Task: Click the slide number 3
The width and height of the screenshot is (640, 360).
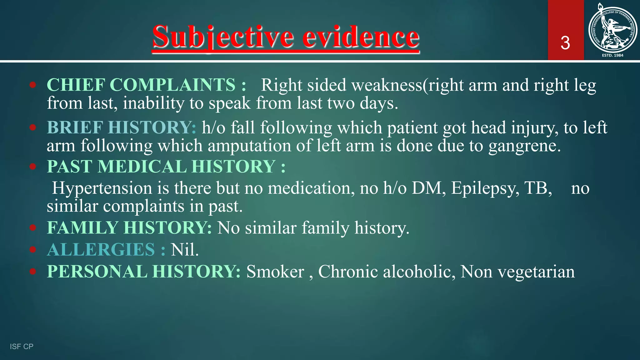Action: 565,43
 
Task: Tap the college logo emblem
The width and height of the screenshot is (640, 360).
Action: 612,30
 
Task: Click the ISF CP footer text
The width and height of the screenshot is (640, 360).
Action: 22,346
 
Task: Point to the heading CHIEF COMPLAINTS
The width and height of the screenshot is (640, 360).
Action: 146,85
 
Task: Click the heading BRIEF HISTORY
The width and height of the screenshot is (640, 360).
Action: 122,127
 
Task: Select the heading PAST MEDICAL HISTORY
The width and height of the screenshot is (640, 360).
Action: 166,166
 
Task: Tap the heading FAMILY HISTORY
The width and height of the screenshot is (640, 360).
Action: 129,227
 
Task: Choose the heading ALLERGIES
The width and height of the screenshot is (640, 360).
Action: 106,249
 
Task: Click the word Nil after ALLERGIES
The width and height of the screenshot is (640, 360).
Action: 184,249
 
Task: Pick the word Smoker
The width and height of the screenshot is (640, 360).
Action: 275,272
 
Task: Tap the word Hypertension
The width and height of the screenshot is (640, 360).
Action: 102,188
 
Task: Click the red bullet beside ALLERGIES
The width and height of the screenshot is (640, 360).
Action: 33,249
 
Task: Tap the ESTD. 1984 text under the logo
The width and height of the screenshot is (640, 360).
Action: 612,55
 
